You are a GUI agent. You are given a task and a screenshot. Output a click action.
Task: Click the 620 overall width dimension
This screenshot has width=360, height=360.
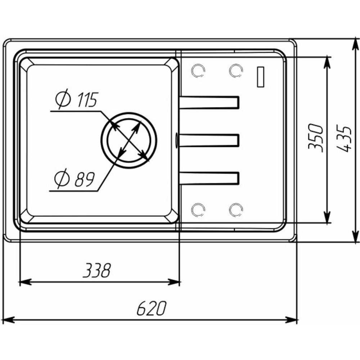point(151,308)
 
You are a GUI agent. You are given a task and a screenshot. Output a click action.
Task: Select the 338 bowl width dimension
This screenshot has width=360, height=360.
point(96,270)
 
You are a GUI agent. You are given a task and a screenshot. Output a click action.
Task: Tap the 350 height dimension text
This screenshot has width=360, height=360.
point(316,138)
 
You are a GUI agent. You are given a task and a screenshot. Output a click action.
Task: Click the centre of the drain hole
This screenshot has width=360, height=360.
point(129,140)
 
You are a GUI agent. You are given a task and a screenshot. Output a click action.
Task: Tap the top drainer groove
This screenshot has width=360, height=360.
point(209,102)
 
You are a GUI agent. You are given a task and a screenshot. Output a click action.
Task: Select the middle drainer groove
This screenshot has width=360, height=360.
point(209,140)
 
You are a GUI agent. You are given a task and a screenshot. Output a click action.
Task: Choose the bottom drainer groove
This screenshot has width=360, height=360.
point(209,178)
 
